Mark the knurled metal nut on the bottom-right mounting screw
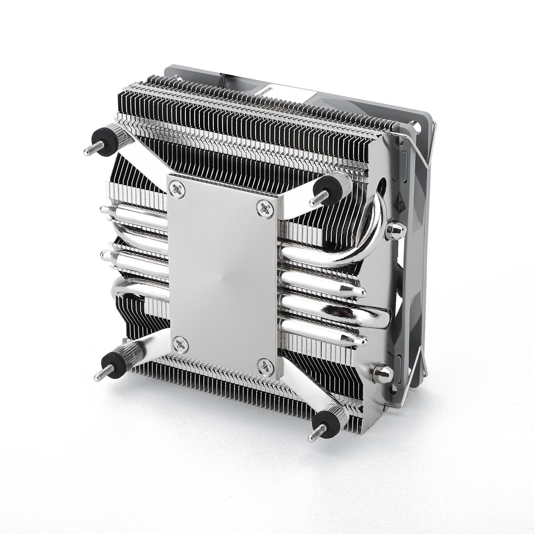(336, 414)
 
